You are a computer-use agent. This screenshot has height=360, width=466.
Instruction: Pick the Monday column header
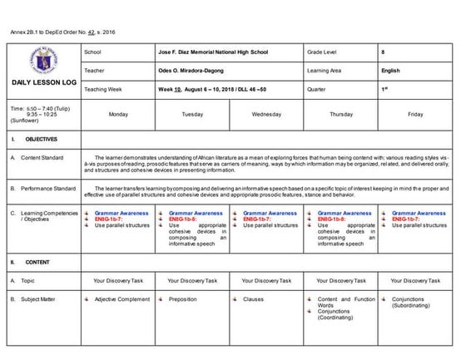click(x=118, y=114)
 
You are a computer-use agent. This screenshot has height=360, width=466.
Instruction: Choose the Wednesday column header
click(x=266, y=114)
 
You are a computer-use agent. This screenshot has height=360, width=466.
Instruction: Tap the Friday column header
click(x=415, y=114)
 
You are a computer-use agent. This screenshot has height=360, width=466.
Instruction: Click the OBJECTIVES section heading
click(x=42, y=139)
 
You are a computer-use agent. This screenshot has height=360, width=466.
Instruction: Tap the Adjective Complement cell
click(x=121, y=299)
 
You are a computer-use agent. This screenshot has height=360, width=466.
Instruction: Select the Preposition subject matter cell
click(x=183, y=299)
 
